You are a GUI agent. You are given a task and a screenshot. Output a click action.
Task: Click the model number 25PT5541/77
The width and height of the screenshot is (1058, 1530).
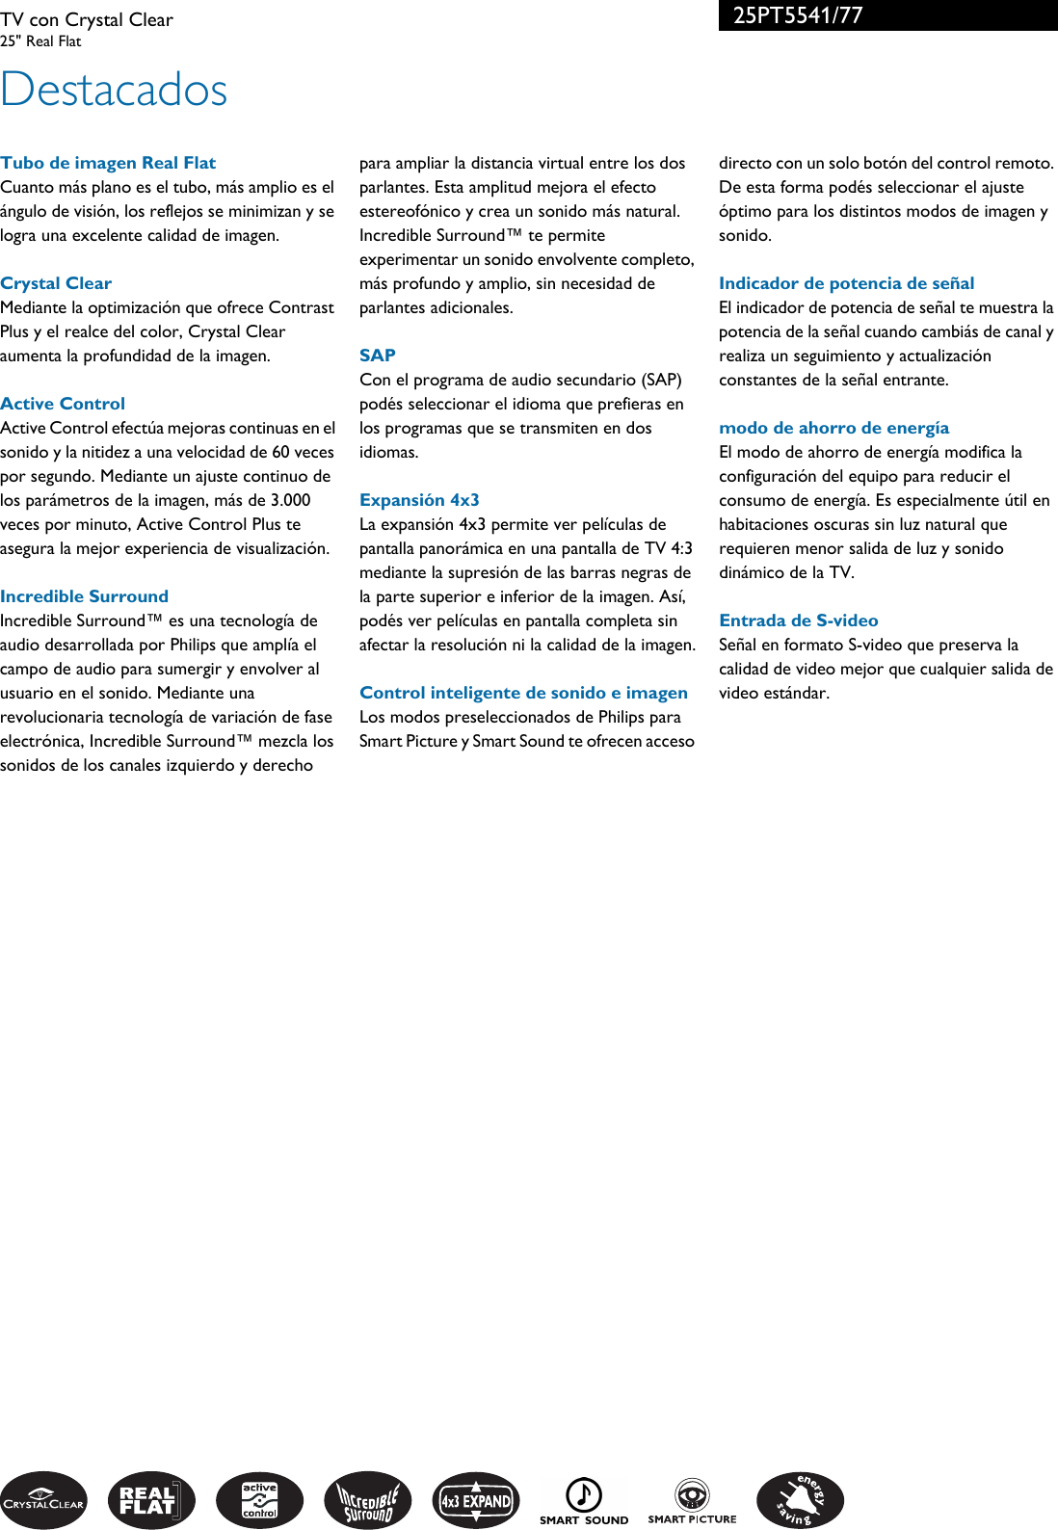click(798, 15)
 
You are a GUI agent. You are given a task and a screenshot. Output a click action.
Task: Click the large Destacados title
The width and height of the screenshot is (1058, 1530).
click(114, 91)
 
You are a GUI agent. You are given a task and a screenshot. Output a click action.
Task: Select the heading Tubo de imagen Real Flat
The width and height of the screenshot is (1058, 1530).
click(108, 163)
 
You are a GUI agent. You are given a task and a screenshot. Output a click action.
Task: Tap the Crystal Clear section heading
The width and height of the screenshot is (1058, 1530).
click(56, 283)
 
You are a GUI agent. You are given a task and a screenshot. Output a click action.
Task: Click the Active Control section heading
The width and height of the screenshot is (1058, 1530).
click(63, 404)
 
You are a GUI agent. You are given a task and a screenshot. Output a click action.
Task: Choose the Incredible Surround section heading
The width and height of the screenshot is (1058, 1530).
click(84, 596)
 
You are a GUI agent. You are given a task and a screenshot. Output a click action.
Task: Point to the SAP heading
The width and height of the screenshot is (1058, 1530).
click(378, 356)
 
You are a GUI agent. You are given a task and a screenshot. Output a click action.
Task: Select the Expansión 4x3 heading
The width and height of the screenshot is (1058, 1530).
click(419, 500)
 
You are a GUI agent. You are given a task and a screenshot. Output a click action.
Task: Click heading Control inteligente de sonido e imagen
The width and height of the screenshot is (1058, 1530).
click(523, 693)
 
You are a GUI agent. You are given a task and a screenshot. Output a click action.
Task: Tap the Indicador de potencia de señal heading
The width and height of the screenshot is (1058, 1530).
click(846, 283)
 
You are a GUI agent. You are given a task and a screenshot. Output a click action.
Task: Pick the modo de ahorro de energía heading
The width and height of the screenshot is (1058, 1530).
click(833, 428)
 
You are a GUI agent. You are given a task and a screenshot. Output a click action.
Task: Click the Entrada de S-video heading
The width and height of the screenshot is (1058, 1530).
click(798, 620)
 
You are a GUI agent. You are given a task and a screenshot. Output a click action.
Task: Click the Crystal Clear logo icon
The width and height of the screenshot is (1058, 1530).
click(43, 1500)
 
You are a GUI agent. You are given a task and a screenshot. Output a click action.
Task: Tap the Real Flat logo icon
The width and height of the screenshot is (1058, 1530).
click(151, 1500)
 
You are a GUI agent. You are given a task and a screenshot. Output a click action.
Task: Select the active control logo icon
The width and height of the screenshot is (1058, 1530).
click(259, 1500)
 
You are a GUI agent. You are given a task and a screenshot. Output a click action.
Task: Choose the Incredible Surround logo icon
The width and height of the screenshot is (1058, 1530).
click(367, 1500)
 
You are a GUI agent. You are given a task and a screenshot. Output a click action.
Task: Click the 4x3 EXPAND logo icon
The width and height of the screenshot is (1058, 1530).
click(476, 1500)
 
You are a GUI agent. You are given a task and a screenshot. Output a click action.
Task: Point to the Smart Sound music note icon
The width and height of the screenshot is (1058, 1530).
click(583, 1495)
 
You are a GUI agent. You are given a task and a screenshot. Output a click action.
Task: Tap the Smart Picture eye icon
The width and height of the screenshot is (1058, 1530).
click(692, 1494)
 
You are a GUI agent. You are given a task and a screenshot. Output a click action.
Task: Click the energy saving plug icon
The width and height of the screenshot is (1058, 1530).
click(800, 1500)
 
